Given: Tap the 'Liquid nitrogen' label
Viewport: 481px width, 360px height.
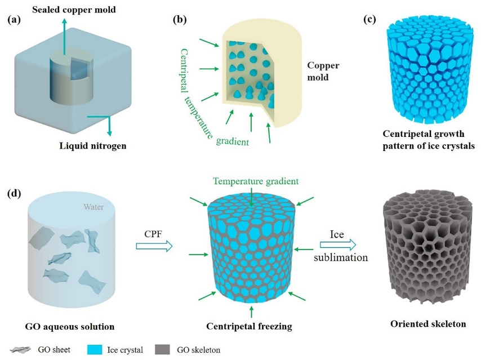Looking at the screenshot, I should [x=92, y=146].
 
